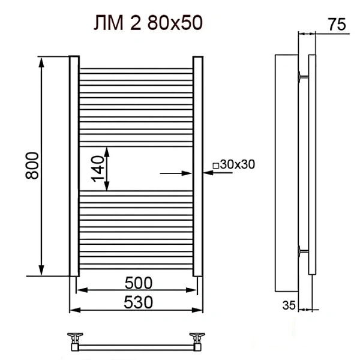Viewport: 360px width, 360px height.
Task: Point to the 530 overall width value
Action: pos(136,300)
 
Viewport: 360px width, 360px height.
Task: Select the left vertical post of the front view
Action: pos(74,166)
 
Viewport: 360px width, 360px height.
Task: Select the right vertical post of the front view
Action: pos(197,166)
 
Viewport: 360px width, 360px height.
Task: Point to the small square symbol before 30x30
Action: pos(215,165)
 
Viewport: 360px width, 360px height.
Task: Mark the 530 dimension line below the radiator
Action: pos(136,310)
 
